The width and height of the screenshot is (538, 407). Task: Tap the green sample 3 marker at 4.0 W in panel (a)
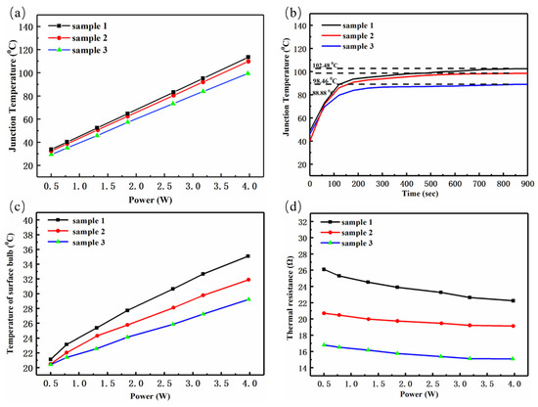[x=247, y=73]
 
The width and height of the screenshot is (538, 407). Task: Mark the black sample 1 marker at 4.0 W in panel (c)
[x=247, y=256]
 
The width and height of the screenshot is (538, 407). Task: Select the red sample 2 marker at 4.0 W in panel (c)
[x=247, y=280]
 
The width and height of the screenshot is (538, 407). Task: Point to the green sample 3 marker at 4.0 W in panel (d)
[x=513, y=359]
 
